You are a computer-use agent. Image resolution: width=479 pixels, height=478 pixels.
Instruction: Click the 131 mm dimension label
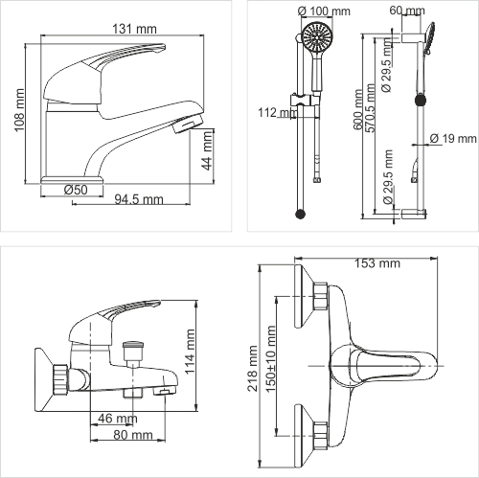click(134, 29)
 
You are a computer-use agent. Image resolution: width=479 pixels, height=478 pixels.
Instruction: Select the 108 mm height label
click(19, 110)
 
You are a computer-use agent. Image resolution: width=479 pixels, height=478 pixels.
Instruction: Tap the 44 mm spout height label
click(208, 150)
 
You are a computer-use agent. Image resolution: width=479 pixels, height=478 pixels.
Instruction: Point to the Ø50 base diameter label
click(76, 190)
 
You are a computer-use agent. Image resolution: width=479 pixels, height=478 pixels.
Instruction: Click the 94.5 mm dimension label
click(139, 199)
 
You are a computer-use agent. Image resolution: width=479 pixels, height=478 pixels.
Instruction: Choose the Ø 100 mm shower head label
click(324, 11)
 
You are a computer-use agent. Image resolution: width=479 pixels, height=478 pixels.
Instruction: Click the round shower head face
click(317, 37)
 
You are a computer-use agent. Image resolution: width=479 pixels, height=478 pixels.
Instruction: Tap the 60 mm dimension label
click(407, 11)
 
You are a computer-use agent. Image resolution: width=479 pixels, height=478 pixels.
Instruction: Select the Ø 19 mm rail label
click(453, 139)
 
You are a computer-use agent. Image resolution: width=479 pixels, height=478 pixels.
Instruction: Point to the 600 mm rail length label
click(358, 109)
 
